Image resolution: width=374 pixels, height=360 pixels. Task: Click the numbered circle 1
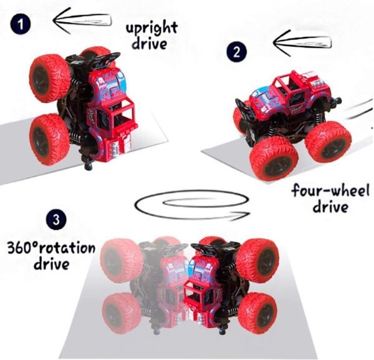point(21,24)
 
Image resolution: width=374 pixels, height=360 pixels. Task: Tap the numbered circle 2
point(236,52)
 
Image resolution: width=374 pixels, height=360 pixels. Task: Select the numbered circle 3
point(56,220)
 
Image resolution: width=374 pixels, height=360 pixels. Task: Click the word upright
point(151,29)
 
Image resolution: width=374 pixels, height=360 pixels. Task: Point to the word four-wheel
point(330,190)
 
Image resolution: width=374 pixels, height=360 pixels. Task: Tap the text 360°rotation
point(51,248)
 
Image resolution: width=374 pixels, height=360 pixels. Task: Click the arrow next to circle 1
point(82,20)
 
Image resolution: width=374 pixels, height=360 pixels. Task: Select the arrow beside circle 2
point(302,43)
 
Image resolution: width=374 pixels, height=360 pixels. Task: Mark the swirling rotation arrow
point(192,205)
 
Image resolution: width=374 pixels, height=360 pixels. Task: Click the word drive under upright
point(150,44)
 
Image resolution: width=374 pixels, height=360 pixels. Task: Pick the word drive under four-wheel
point(330,207)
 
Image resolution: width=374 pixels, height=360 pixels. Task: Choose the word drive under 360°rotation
point(52,263)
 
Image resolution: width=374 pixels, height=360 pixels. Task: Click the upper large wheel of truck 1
point(49,79)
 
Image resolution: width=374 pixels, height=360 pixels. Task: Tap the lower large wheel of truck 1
point(49,139)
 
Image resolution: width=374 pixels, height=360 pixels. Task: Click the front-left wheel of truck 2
point(274,158)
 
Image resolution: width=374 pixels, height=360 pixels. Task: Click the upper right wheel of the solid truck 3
point(257,260)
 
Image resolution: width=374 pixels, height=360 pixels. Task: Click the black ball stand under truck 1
point(89,165)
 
